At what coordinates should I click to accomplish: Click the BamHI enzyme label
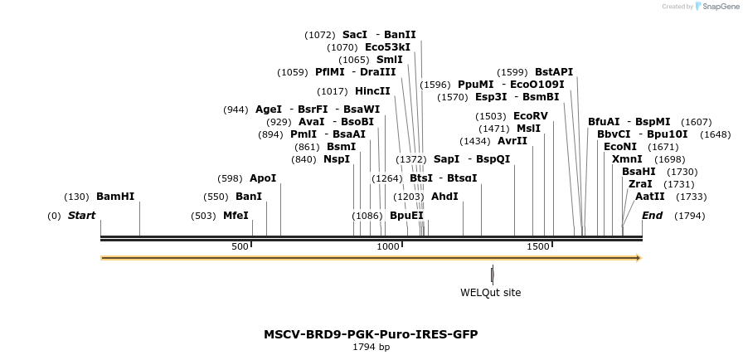pos(115,197)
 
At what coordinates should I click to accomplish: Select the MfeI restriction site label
pos(236,216)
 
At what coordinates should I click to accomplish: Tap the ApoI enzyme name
pos(263,178)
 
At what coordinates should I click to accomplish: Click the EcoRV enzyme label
pos(531,116)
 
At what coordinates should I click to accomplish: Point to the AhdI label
pos(444,197)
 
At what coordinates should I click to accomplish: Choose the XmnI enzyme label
pos(627,159)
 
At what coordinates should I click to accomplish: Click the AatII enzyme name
pos(650,197)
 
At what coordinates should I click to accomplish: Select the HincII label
pos(372,91)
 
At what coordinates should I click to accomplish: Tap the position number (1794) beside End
pos(689,216)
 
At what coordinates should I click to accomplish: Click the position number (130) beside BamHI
pos(76,197)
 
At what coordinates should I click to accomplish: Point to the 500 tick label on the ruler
pos(240,247)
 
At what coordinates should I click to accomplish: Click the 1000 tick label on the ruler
pos(388,247)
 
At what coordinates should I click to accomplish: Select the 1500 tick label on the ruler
pos(538,247)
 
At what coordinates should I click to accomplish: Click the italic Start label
pos(81,216)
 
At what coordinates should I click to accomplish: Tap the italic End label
pos(653,216)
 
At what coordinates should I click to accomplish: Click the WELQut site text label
pos(491,292)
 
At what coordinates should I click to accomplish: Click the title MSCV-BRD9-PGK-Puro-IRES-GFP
pos(371,334)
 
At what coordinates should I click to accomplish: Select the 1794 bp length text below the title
pos(371,348)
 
